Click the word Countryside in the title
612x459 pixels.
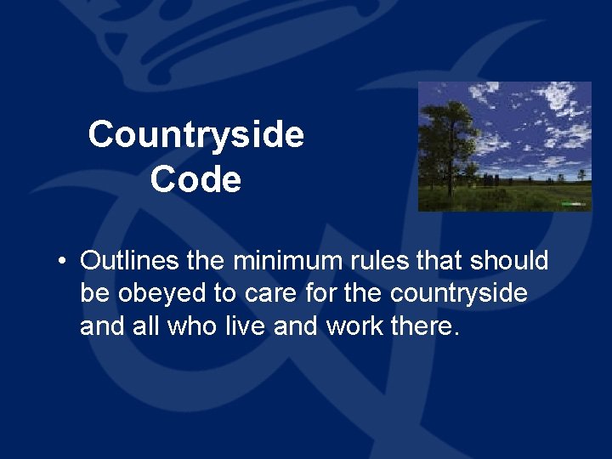pyautogui.click(x=195, y=134)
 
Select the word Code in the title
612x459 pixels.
pyautogui.click(x=195, y=179)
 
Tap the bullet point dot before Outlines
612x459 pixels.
pyautogui.click(x=63, y=261)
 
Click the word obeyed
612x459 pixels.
pyautogui.click(x=164, y=293)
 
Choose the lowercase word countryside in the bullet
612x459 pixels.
pyautogui.click(x=459, y=293)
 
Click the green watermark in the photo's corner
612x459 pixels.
pyautogui.click(x=575, y=204)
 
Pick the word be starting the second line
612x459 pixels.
pyautogui.click(x=93, y=293)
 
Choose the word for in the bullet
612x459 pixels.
pyautogui.click(x=320, y=293)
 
